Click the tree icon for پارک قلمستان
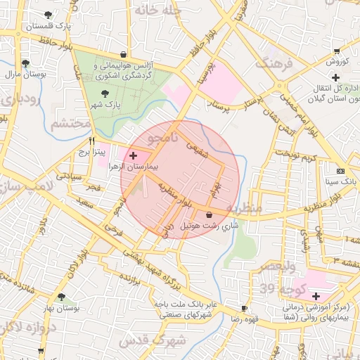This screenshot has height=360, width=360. [47, 15]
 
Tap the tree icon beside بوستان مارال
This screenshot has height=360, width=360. [26, 63]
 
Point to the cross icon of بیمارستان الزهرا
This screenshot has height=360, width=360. [133, 153]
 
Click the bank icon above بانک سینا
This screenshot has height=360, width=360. [340, 171]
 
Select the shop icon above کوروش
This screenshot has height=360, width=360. [337, 51]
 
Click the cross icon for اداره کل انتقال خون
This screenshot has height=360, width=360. [336, 77]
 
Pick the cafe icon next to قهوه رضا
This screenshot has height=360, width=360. [244, 308]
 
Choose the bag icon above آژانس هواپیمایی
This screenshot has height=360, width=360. [124, 53]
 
